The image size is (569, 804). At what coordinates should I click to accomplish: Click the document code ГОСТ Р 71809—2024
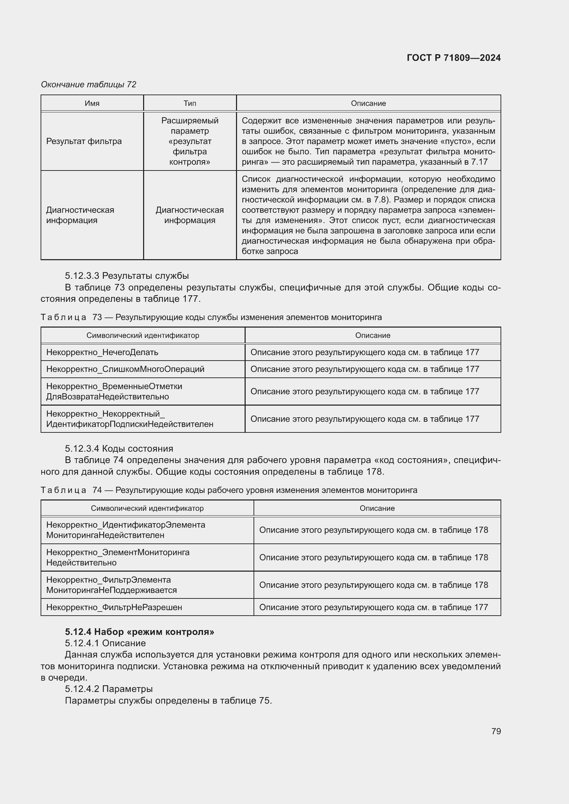tap(453, 58)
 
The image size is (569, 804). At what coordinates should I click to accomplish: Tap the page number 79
tap(496, 731)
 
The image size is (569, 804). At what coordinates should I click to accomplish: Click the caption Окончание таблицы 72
tap(88, 85)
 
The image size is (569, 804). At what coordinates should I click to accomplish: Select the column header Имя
tap(92, 103)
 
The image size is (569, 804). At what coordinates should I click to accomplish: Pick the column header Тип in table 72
tap(190, 103)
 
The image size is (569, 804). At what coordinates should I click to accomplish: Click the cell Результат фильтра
tap(84, 141)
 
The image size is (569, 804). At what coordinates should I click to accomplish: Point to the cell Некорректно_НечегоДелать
tap(102, 352)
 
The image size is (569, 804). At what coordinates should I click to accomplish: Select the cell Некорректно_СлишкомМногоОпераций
tap(125, 369)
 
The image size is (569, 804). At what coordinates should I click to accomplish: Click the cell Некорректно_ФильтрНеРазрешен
tap(114, 607)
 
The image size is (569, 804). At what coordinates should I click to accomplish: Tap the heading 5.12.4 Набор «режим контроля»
tap(139, 632)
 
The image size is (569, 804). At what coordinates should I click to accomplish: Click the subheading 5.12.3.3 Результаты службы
tap(127, 276)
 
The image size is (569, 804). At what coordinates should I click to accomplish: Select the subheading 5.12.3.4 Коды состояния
tap(119, 449)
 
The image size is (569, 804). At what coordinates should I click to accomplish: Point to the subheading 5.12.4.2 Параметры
tap(109, 689)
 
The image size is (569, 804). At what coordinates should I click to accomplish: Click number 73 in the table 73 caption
tap(97, 317)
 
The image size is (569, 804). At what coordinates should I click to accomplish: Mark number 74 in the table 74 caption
tap(97, 490)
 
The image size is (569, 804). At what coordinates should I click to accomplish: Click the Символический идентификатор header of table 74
tap(147, 508)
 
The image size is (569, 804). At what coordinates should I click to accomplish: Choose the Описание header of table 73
tap(373, 335)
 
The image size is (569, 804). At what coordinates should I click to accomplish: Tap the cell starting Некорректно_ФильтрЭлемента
tap(111, 585)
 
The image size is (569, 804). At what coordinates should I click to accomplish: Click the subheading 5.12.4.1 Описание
tap(105, 643)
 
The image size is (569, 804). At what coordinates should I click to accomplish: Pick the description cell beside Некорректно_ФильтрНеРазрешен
tap(373, 607)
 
